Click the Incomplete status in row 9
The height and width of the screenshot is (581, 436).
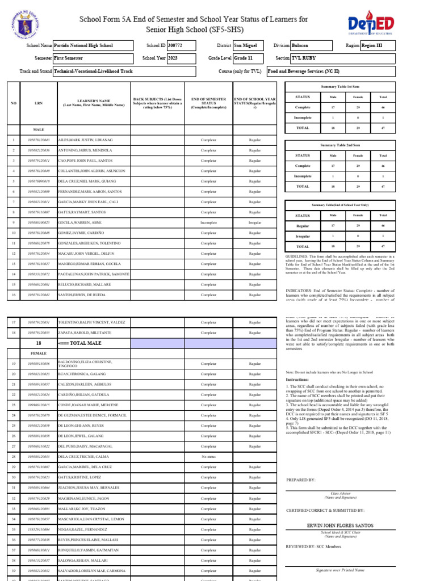[208, 222]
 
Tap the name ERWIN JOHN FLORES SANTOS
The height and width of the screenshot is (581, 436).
[339, 525]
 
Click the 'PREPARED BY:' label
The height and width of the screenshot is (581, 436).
[300, 480]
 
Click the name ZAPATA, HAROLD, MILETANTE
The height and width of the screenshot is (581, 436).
[85, 332]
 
